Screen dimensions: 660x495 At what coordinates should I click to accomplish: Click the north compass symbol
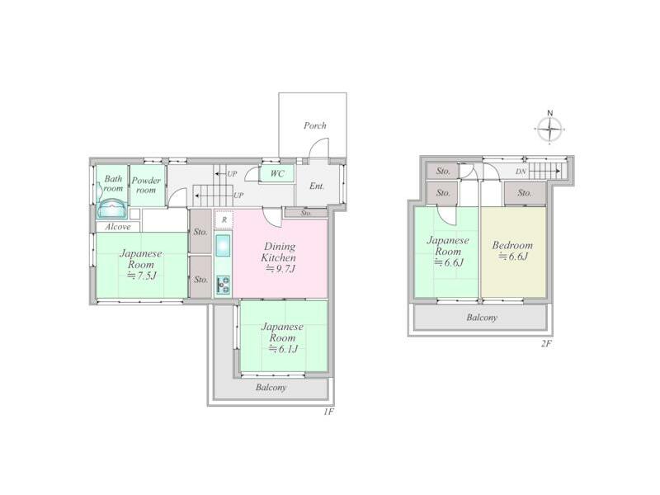549,129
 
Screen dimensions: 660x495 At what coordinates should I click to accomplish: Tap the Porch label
315,125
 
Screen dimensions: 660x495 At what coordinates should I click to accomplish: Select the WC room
276,173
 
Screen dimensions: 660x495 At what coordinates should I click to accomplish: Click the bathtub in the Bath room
111,210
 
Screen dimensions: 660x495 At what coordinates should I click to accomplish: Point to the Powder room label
146,185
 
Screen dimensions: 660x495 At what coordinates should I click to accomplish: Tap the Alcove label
118,227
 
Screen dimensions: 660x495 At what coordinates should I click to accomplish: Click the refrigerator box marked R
224,219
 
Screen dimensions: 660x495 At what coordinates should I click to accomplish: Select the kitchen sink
223,245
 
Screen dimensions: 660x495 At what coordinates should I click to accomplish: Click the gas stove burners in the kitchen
223,285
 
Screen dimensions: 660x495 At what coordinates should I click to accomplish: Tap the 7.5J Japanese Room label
140,264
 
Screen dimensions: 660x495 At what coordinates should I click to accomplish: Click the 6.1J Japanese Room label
282,337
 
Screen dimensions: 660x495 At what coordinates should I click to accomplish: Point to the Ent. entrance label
317,186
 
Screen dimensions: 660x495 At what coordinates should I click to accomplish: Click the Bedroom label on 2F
512,245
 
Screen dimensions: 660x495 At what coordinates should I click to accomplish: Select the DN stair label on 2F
521,172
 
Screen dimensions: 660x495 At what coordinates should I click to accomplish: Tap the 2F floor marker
546,344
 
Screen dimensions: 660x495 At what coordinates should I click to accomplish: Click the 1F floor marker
328,412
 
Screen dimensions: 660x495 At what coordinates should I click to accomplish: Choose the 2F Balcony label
482,318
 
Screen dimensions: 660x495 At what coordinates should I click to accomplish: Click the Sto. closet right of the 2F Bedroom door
525,193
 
